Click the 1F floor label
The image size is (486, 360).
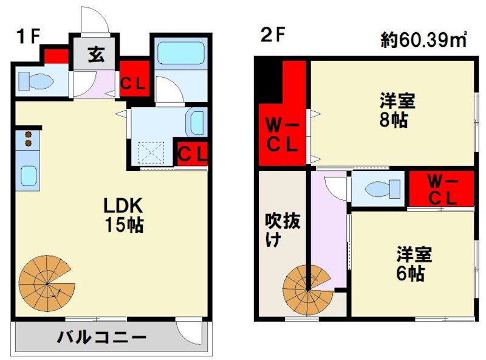pos(28,36)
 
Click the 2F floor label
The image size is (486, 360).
pos(273,36)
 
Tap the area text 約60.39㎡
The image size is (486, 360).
pos(423,41)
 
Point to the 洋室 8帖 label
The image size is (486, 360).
pos(394,109)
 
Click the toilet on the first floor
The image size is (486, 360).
pos(36,81)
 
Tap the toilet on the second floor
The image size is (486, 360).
pos(377,189)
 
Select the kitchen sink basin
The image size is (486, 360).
pos(28,176)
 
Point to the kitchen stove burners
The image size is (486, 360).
pos(27,139)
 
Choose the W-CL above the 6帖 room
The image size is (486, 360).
pos(441,189)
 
